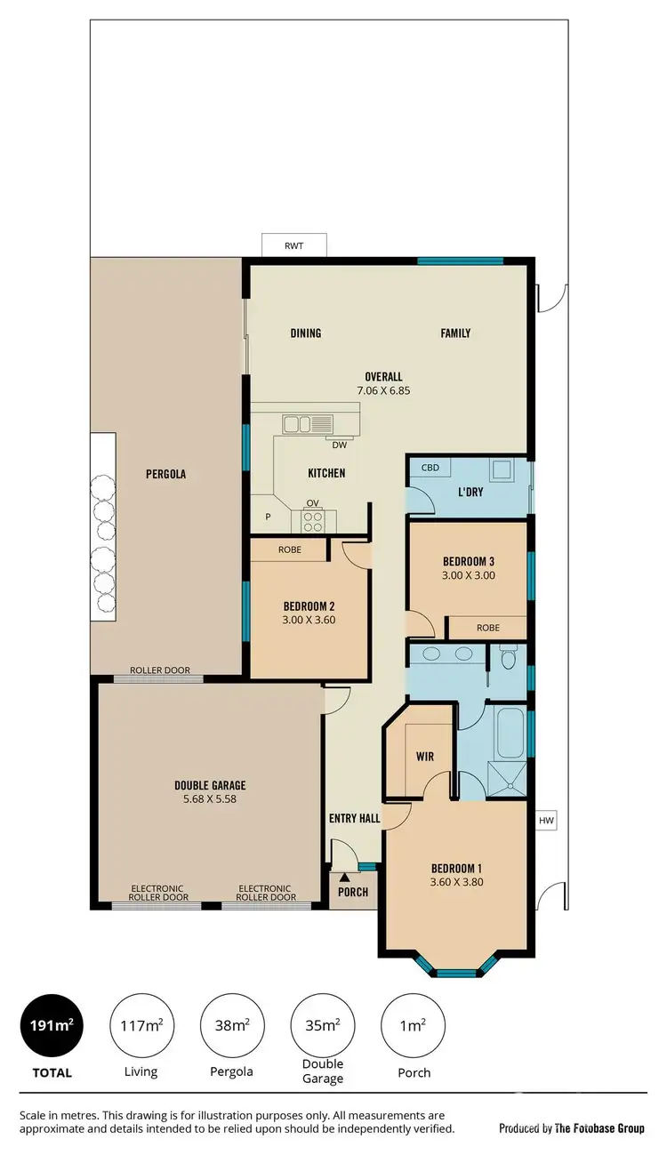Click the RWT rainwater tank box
[294, 245]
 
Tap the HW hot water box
[545, 821]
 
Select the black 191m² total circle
[52, 1025]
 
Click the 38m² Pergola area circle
[231, 1025]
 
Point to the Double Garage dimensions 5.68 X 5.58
[210, 798]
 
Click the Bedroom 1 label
[456, 868]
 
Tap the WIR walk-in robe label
[425, 757]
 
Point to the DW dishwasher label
[339, 445]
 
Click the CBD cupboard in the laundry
[430, 468]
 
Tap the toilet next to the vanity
[509, 658]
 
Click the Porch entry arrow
[343, 878]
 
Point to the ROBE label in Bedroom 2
[290, 549]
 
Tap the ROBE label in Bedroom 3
[488, 627]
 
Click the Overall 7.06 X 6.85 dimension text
[383, 389]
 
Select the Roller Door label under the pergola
[160, 670]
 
